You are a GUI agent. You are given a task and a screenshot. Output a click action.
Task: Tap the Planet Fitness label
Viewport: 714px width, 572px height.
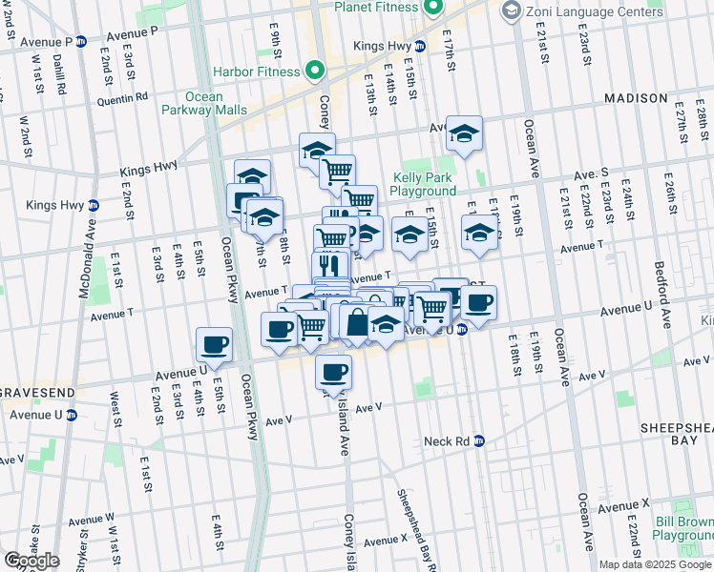376,8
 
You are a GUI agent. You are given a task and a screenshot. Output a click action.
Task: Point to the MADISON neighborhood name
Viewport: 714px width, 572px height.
636,98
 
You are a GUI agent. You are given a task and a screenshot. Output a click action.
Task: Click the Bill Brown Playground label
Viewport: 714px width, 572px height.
683,528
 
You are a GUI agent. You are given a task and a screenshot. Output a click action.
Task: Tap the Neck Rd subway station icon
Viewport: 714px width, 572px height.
479,441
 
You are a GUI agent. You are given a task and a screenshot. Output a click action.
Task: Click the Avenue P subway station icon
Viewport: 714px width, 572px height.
81,42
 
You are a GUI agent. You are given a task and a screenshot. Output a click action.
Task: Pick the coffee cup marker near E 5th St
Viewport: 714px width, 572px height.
214,345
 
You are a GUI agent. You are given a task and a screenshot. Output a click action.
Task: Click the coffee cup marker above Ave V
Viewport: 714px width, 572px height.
334,372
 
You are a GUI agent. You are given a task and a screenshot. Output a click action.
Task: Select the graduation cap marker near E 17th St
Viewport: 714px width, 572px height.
464,135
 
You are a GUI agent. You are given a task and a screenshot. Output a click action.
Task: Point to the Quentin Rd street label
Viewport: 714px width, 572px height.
122,96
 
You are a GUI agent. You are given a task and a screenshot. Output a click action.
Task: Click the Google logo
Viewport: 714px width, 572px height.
31,560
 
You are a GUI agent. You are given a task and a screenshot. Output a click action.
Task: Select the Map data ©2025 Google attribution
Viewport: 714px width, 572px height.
654,564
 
